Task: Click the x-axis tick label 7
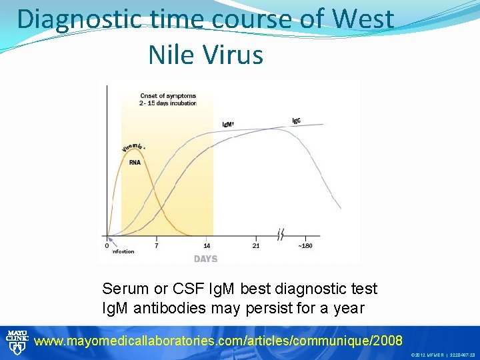pyautogui.click(x=156, y=245)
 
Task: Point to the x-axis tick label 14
pyautogui.click(x=207, y=245)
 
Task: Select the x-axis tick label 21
pyautogui.click(x=257, y=245)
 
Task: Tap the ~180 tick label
pyautogui.click(x=304, y=245)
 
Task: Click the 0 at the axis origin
pyautogui.click(x=107, y=245)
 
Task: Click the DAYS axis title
pyautogui.click(x=205, y=259)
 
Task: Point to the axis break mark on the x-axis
pyautogui.click(x=281, y=235)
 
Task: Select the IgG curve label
pyautogui.click(x=296, y=121)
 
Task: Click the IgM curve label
pyautogui.click(x=228, y=125)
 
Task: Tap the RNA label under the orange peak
pyautogui.click(x=135, y=161)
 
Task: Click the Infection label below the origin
pyautogui.click(x=123, y=251)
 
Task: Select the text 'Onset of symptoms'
pyautogui.click(x=167, y=96)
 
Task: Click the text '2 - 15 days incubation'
pyautogui.click(x=168, y=103)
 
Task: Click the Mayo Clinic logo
pyautogui.click(x=15, y=341)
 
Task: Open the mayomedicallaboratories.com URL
pyautogui.click(x=218, y=341)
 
